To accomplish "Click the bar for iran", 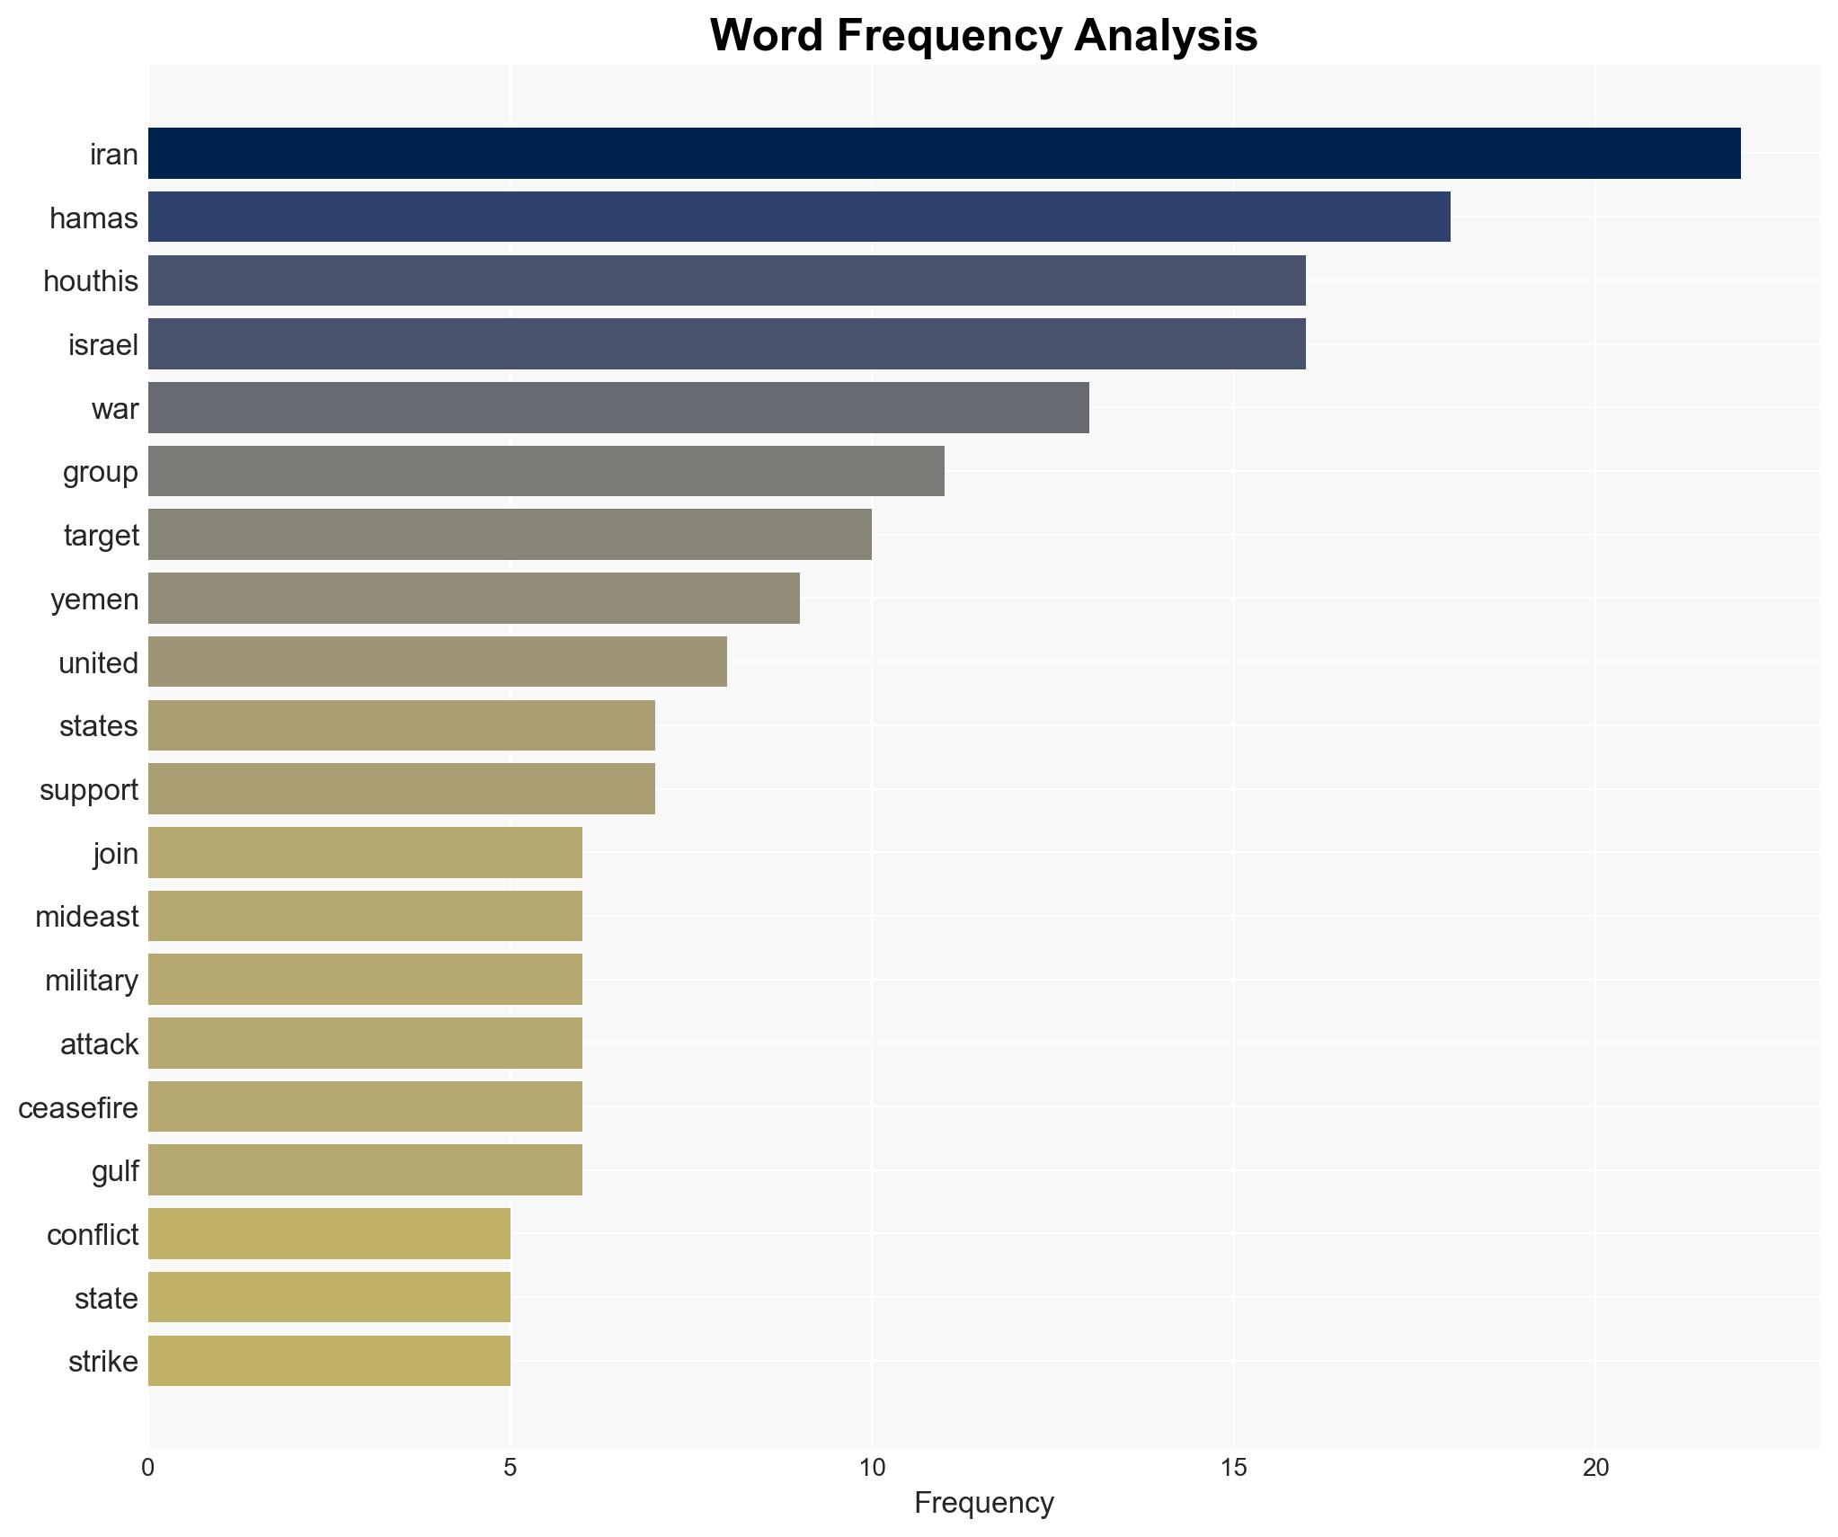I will [x=944, y=154].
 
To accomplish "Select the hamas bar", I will [x=799, y=218].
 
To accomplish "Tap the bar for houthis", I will [x=726, y=280].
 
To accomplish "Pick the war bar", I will [x=618, y=408].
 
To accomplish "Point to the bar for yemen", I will [x=474, y=599].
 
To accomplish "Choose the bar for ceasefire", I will [x=365, y=1106].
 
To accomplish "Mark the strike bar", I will [x=329, y=1361].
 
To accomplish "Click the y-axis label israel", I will [x=103, y=345].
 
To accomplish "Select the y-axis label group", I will [x=100, y=472].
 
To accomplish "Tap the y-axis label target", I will [x=101, y=536].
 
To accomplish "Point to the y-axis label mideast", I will [x=87, y=917].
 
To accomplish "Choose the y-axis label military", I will [x=92, y=981].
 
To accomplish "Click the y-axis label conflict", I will [x=93, y=1235].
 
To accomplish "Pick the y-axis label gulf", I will [x=115, y=1171].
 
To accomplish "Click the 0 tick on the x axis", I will [x=148, y=1468].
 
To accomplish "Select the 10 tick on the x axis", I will [x=871, y=1468].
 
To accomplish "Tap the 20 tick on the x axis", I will [x=1594, y=1468].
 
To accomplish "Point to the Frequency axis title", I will [x=983, y=1503].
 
